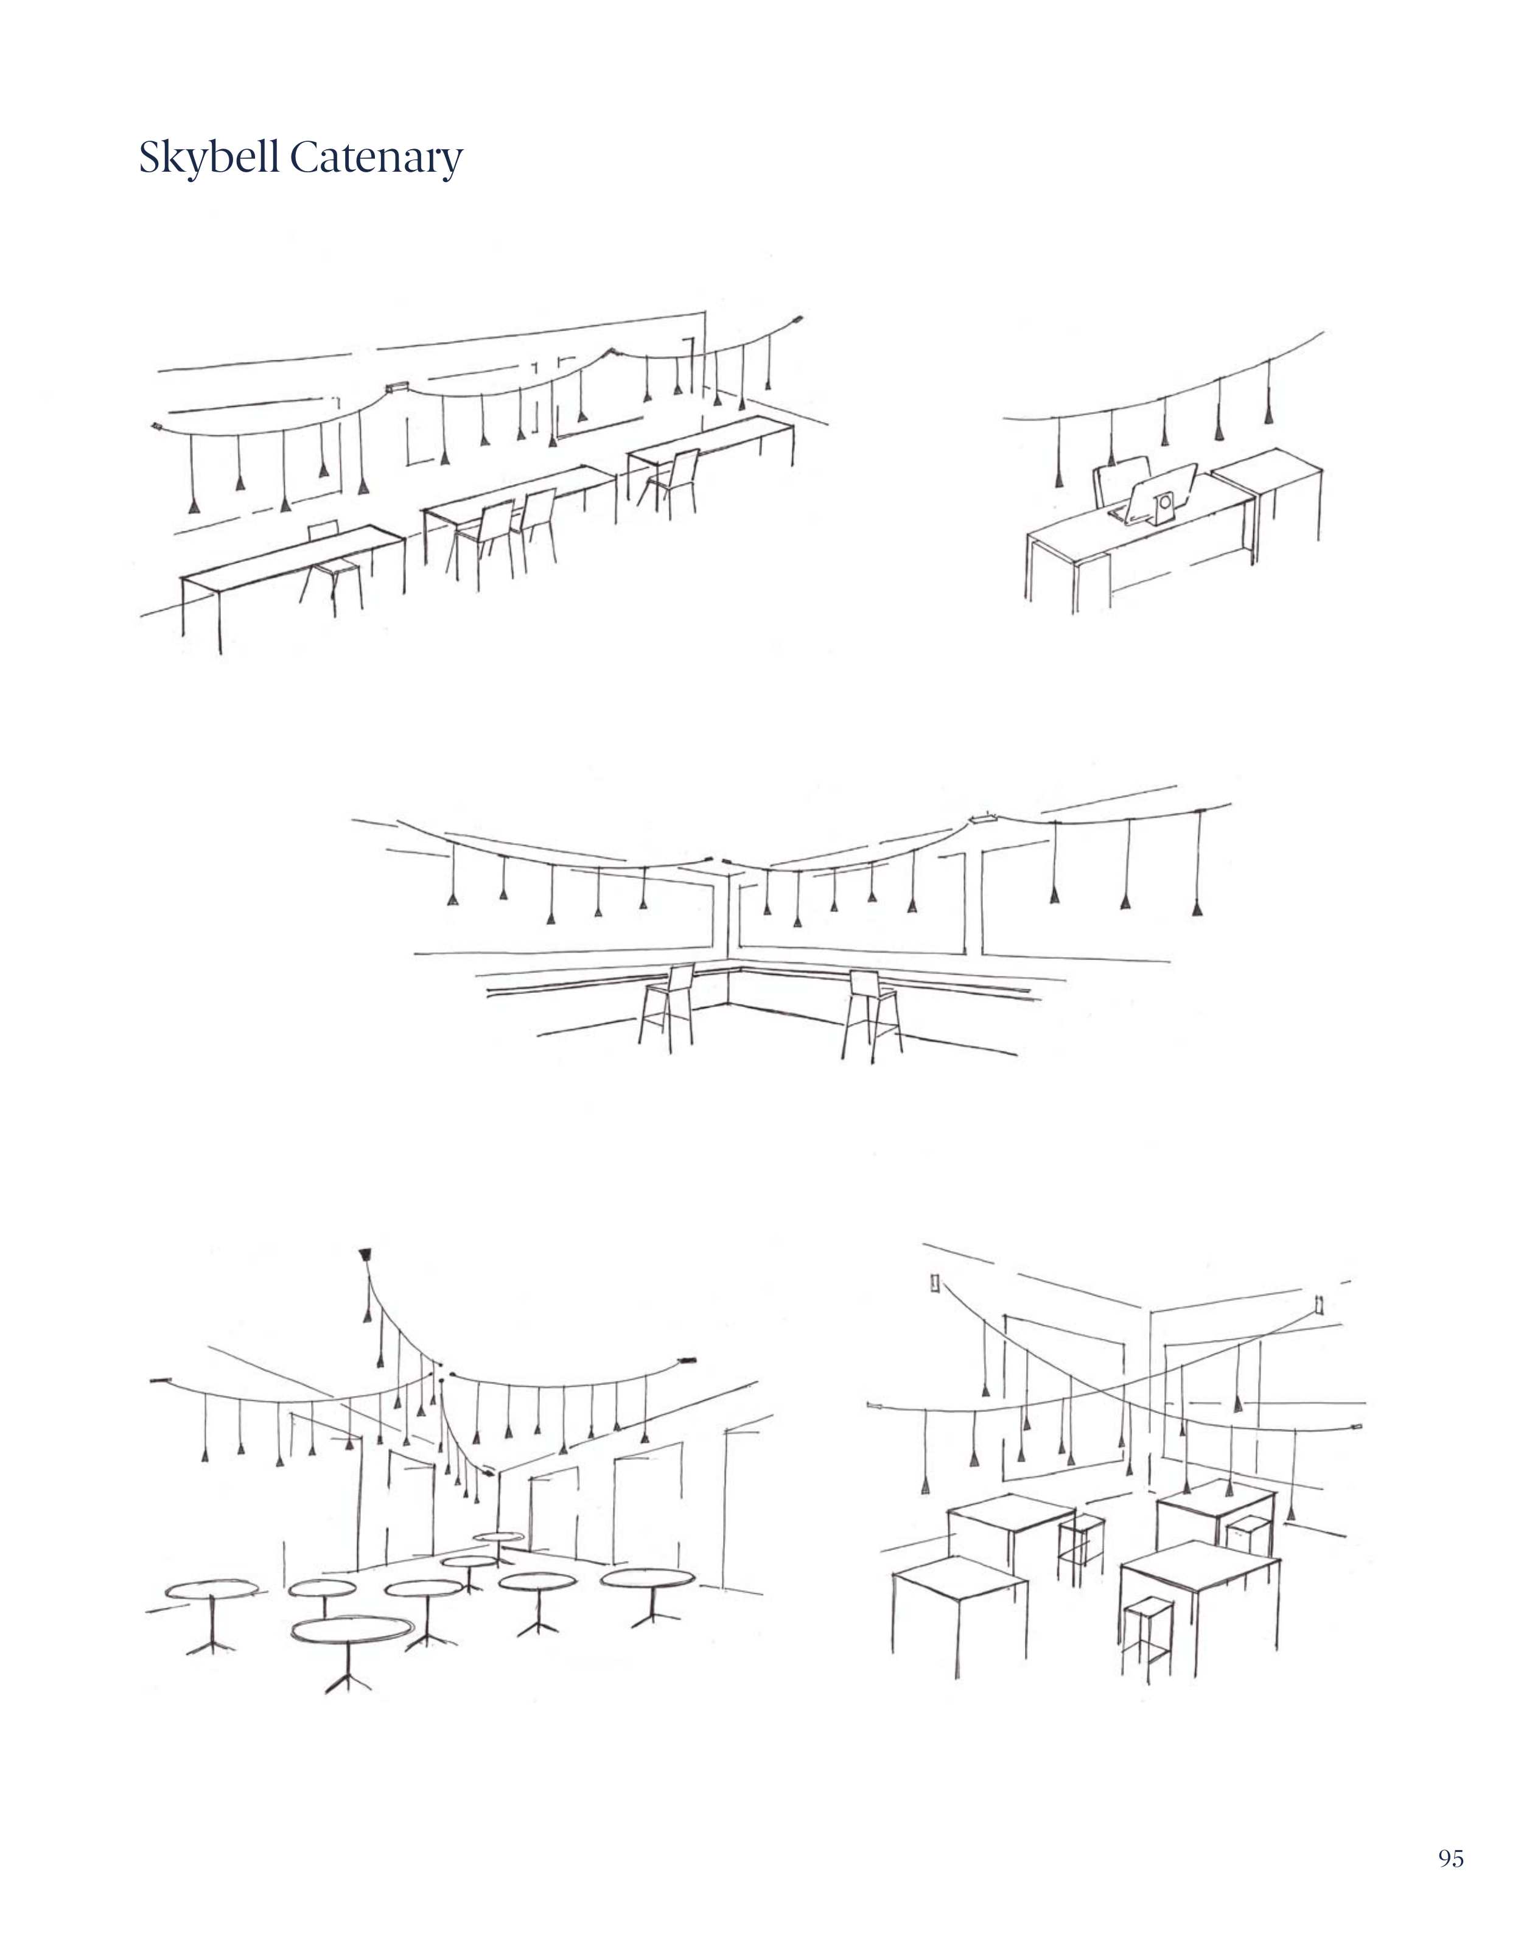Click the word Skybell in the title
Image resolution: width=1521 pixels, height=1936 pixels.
[x=210, y=158]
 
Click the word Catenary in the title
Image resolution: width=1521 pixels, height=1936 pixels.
[x=377, y=158]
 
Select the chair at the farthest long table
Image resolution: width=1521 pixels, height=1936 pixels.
[x=668, y=481]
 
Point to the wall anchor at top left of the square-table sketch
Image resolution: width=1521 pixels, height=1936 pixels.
[x=935, y=1282]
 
